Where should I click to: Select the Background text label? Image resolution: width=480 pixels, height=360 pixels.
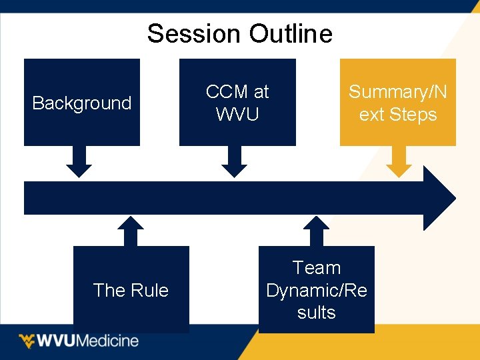(x=82, y=103)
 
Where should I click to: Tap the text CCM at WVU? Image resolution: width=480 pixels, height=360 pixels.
(x=237, y=103)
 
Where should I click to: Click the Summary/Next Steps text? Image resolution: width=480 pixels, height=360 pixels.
(x=398, y=103)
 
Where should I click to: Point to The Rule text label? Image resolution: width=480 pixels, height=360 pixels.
(x=131, y=290)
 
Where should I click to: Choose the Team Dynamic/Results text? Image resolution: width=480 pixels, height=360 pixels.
(x=317, y=290)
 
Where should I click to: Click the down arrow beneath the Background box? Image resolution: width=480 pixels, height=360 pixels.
(x=79, y=162)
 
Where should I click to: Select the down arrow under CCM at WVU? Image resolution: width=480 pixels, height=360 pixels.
(x=234, y=162)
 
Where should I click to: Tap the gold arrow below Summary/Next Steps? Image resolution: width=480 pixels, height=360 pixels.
(x=399, y=162)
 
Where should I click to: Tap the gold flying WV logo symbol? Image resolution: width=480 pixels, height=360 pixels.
(x=27, y=341)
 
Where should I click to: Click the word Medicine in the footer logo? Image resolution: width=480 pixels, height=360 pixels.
(x=108, y=341)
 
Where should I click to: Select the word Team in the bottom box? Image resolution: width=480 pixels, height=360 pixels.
(x=317, y=268)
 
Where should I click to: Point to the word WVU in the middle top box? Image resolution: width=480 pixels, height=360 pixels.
(x=237, y=114)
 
